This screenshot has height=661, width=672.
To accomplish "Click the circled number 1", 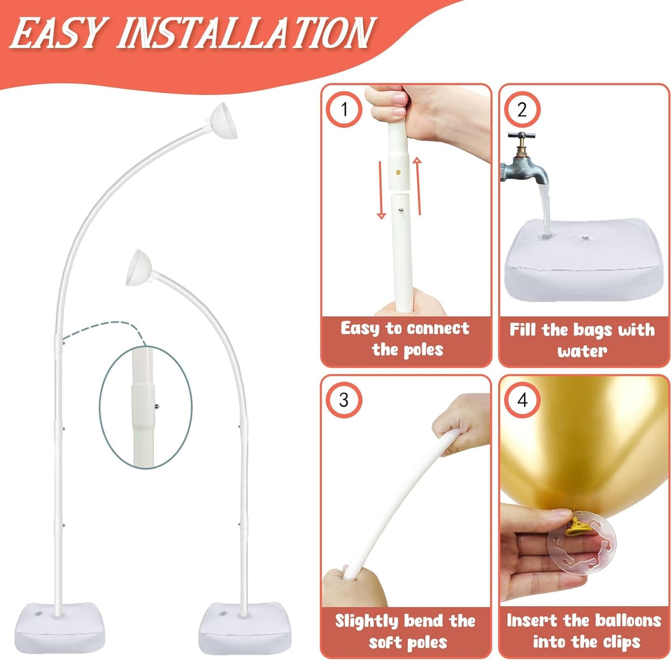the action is pyautogui.click(x=344, y=109).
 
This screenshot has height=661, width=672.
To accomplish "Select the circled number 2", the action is pyautogui.click(x=522, y=109).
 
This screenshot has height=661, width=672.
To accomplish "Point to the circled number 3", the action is pyautogui.click(x=344, y=400).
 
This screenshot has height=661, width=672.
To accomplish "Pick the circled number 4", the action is pyautogui.click(x=522, y=400).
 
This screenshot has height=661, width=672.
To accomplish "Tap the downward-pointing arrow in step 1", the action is pyautogui.click(x=381, y=190).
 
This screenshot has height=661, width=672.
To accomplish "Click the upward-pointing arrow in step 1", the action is pyautogui.click(x=418, y=186).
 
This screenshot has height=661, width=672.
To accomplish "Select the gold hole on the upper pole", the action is pyautogui.click(x=399, y=172).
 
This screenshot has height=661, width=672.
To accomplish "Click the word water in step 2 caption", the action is pyautogui.click(x=582, y=351).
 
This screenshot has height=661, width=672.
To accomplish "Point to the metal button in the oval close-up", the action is pyautogui.click(x=157, y=406).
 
